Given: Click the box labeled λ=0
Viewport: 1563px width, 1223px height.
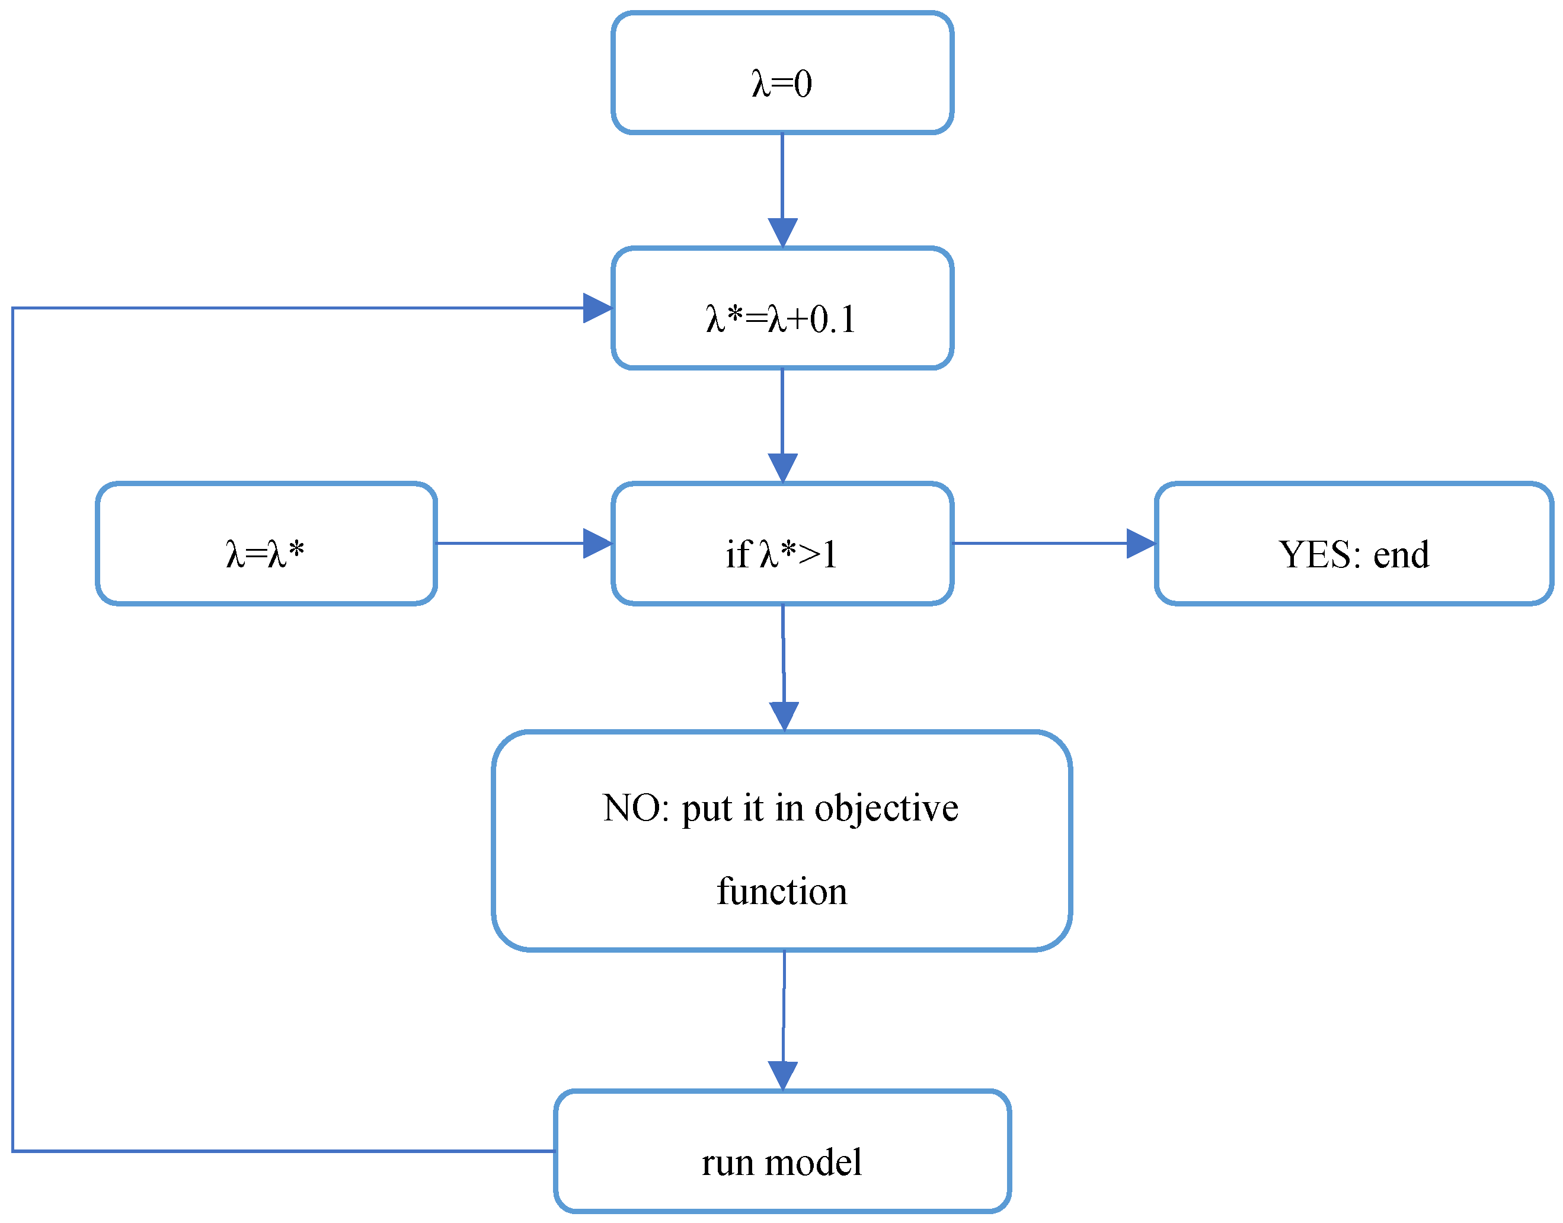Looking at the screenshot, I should (782, 73).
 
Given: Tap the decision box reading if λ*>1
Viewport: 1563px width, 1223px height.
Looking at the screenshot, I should (782, 544).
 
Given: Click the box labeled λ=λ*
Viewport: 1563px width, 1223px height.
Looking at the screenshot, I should (266, 544).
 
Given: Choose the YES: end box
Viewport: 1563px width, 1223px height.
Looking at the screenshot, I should (1353, 544).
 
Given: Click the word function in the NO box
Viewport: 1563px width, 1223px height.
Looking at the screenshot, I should (782, 892).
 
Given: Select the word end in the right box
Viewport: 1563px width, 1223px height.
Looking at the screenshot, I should (1401, 554).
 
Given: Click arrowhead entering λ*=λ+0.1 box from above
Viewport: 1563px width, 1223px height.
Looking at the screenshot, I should (782, 233).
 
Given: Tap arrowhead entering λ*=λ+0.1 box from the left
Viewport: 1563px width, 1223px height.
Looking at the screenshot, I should (597, 308).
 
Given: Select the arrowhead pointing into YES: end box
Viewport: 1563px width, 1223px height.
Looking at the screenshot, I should (1140, 544).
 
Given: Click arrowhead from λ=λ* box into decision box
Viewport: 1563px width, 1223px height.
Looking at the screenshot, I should (597, 544).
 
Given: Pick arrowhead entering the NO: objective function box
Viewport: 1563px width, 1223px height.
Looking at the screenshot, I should (784, 716).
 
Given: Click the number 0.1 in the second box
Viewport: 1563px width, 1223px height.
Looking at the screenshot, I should (833, 320).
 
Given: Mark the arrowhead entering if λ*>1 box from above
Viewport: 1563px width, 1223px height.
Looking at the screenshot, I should (782, 468).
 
